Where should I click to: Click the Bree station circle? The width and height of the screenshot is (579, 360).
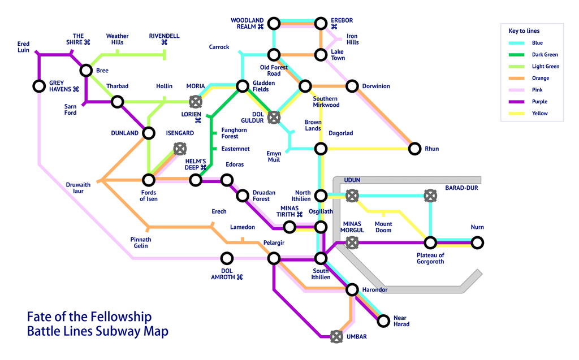(x=86, y=70)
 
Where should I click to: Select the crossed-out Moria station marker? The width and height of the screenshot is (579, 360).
(x=195, y=102)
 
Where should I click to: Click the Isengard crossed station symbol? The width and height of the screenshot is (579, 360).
(x=180, y=149)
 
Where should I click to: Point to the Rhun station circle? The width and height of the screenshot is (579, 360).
(x=414, y=149)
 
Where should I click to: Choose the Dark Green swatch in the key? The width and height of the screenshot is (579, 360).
(x=516, y=55)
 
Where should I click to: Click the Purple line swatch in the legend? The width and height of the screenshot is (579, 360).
(x=516, y=102)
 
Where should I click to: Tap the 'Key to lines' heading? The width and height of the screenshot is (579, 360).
(x=524, y=31)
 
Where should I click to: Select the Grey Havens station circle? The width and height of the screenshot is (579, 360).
(x=39, y=86)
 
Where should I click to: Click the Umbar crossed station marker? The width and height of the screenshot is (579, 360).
(x=336, y=337)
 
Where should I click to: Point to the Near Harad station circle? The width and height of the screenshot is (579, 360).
(x=383, y=321)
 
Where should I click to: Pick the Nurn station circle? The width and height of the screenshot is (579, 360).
(x=477, y=242)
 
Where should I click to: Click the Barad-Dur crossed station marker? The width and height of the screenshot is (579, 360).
(x=430, y=196)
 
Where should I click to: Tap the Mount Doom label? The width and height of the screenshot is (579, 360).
(x=383, y=227)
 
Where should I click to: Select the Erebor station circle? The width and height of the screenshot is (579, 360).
(x=321, y=23)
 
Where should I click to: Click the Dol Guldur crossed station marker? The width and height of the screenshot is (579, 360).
(x=274, y=118)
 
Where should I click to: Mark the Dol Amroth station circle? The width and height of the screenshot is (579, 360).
(x=227, y=258)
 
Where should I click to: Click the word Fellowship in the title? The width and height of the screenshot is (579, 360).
(x=121, y=317)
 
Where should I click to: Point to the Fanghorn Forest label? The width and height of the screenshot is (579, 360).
(x=234, y=133)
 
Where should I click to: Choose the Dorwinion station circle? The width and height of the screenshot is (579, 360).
(x=352, y=86)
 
